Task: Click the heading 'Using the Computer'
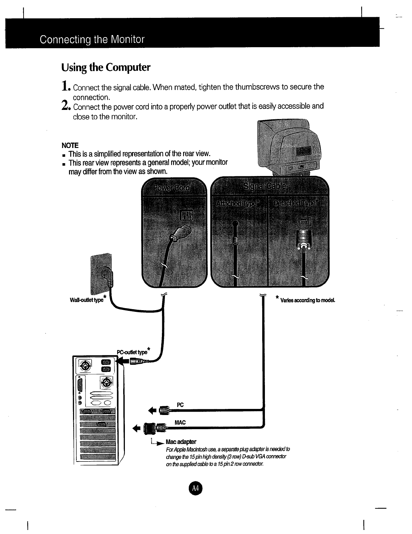105,68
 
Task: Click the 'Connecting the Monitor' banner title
92,40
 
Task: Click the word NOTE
70,146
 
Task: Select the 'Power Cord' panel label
172,188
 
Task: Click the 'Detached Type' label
295,203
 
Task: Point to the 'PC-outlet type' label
133,352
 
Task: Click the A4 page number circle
196,488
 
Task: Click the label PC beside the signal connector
180,405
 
